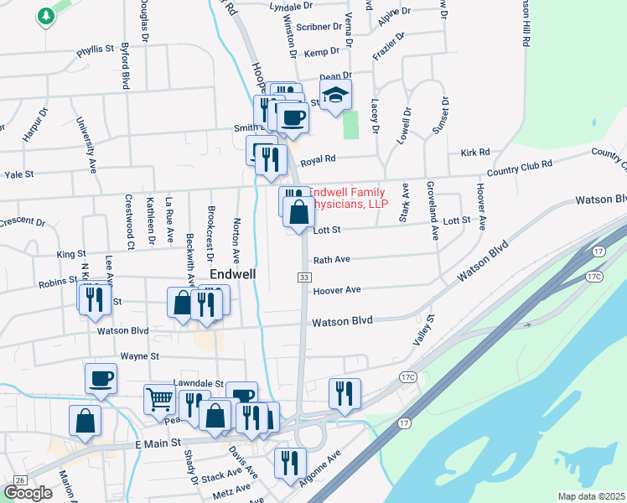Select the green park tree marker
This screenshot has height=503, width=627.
tap(45, 16)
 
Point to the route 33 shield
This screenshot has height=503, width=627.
tap(303, 277)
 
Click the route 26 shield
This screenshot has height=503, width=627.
tap(20, 480)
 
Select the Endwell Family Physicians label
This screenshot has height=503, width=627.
tap(350, 197)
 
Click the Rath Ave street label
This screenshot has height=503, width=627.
tap(331, 260)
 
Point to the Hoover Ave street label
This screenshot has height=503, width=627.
tap(336, 290)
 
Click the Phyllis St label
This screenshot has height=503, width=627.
tap(95, 50)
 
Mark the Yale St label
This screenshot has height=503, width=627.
tap(18, 175)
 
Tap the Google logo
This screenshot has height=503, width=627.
tap(28, 493)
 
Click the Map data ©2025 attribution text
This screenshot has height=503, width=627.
tap(592, 496)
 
